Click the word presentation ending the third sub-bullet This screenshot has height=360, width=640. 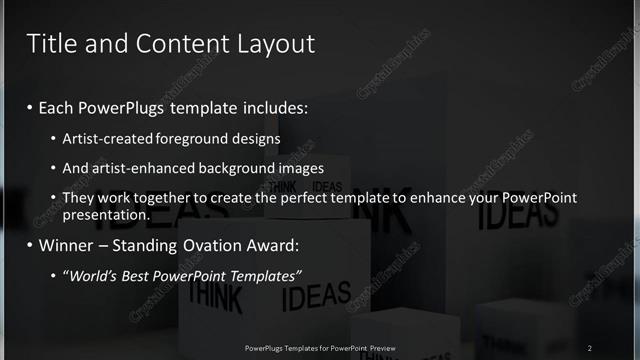(x=105, y=214)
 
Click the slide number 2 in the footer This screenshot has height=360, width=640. (x=590, y=347)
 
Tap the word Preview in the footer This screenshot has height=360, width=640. (x=383, y=348)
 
